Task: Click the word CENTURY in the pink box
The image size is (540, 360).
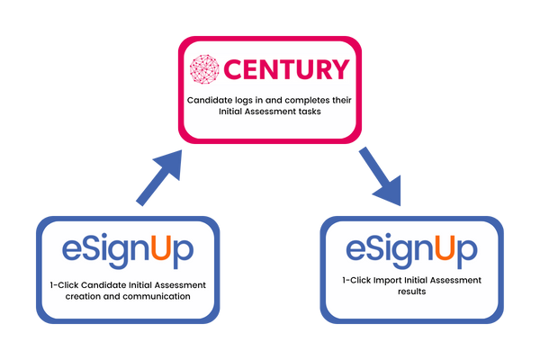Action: pos(286,69)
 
